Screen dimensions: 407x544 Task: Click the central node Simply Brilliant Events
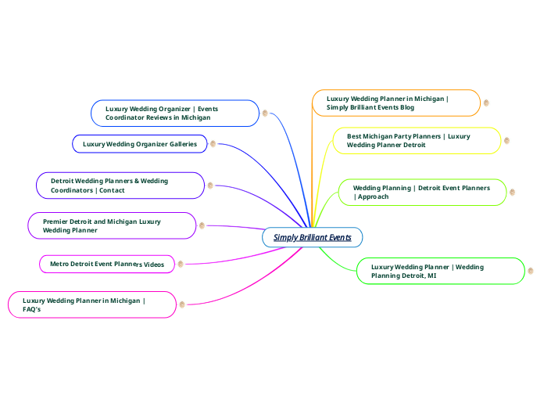(x=312, y=237)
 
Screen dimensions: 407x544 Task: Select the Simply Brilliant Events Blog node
(x=396, y=103)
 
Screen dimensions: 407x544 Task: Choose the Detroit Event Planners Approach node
(x=422, y=193)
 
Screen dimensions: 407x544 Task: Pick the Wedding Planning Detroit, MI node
(x=440, y=272)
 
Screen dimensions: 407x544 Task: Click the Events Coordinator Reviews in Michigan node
(x=175, y=113)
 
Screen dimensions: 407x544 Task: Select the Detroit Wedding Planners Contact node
(x=120, y=185)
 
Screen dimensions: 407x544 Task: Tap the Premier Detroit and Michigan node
(x=112, y=225)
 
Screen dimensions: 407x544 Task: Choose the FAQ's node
(x=91, y=304)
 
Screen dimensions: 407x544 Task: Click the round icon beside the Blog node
(x=486, y=103)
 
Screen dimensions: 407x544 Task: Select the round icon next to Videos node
(x=181, y=265)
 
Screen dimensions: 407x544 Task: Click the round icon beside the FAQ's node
(x=182, y=304)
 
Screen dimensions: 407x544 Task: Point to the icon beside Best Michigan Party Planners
(x=506, y=141)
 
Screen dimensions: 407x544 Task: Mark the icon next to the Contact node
(x=210, y=185)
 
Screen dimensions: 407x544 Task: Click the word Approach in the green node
(x=373, y=196)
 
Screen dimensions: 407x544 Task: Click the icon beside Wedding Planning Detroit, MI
(x=531, y=272)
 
